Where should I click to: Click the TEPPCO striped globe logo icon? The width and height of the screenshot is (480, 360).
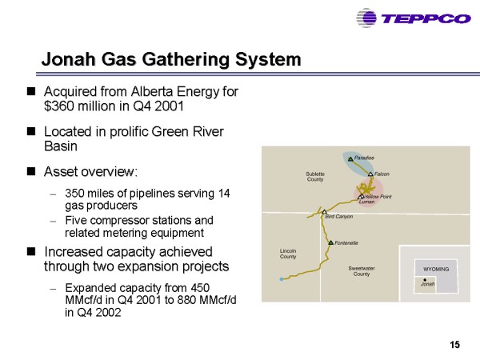point(366,18)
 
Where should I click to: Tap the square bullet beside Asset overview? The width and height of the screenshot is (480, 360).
point(31,171)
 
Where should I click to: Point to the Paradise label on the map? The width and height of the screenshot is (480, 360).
point(364,158)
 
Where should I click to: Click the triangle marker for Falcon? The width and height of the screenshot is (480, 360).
point(370,174)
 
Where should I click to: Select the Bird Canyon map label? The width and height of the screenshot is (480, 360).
point(339,217)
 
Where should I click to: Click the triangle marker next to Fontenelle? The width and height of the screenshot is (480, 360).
point(330,242)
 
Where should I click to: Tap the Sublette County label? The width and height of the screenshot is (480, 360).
point(315,177)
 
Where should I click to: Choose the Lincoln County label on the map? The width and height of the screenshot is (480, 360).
point(288,254)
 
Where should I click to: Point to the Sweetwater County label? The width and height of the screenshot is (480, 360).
point(362,271)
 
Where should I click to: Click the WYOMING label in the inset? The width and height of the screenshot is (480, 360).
point(436,270)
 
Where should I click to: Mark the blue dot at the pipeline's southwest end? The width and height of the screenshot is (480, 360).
point(282,279)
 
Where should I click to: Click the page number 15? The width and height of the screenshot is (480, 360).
point(455,345)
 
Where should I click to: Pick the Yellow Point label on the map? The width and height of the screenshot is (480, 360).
point(378,197)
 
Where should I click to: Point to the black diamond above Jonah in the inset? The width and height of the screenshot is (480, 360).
point(425,280)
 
